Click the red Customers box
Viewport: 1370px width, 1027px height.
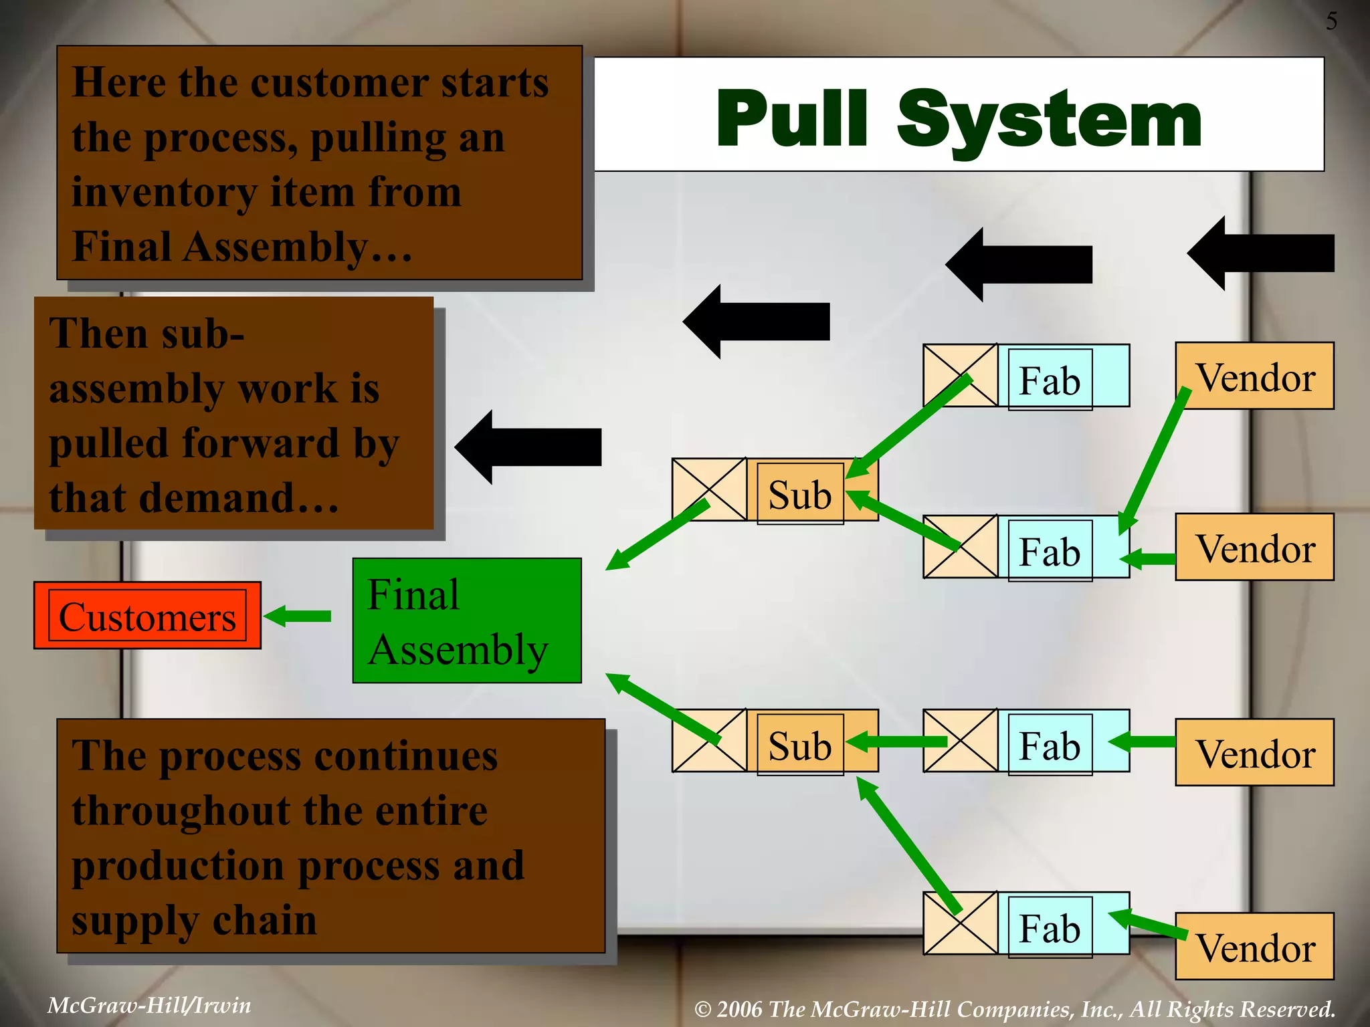click(147, 615)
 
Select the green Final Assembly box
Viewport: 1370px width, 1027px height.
click(466, 620)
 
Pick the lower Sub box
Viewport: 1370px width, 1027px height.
click(799, 745)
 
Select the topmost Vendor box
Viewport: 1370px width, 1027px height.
click(1254, 376)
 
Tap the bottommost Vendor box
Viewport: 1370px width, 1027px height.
click(1254, 947)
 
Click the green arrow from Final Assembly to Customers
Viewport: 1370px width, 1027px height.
click(298, 616)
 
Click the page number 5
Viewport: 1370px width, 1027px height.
click(1331, 21)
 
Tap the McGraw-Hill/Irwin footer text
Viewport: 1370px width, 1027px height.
click(149, 1005)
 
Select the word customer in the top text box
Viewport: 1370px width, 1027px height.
click(340, 84)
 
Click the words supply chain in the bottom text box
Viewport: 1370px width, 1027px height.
click(194, 920)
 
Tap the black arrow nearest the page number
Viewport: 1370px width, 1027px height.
click(1261, 253)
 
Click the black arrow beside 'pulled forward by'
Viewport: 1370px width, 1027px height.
click(528, 447)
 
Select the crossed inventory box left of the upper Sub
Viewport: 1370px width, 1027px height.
click(709, 489)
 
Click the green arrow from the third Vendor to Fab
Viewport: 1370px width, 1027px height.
click(1142, 741)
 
